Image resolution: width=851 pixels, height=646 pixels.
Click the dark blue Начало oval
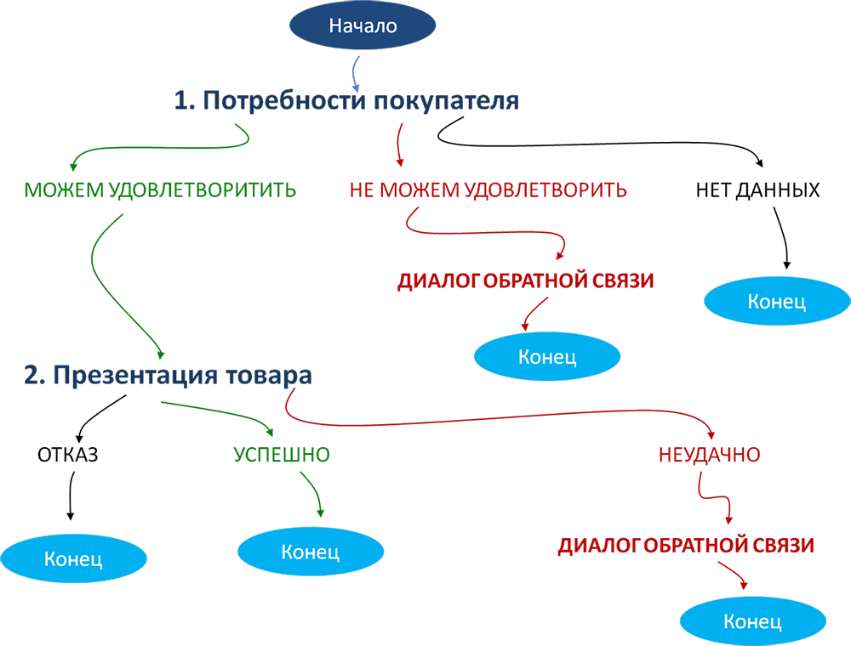(x=363, y=25)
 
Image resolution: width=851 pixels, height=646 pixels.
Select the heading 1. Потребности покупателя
(x=346, y=100)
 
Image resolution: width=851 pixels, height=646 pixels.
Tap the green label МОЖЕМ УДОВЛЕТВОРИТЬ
(x=161, y=190)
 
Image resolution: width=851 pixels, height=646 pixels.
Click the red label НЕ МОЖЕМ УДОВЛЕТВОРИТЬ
(x=488, y=190)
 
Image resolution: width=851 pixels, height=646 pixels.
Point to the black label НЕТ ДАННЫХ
(x=757, y=190)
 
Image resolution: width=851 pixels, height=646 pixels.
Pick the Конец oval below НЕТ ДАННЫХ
(x=776, y=301)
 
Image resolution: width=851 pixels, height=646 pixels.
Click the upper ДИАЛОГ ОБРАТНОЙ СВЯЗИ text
(x=525, y=281)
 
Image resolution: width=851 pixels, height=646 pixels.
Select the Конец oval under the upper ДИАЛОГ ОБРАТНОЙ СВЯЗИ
(x=547, y=356)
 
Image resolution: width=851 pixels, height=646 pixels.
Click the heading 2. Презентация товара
(x=168, y=375)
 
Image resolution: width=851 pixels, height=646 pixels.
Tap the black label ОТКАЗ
(x=68, y=454)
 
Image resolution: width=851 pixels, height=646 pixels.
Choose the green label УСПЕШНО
(x=282, y=454)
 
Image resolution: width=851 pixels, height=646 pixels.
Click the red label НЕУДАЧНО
(x=709, y=454)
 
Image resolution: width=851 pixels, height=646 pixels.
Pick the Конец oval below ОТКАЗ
(x=73, y=558)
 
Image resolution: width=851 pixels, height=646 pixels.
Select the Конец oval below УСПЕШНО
(x=311, y=551)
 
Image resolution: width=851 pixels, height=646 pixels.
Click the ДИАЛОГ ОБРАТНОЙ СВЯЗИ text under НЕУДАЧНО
(x=686, y=546)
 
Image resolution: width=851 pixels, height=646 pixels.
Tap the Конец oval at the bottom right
(x=752, y=621)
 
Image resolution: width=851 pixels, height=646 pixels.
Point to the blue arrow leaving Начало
(x=357, y=73)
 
